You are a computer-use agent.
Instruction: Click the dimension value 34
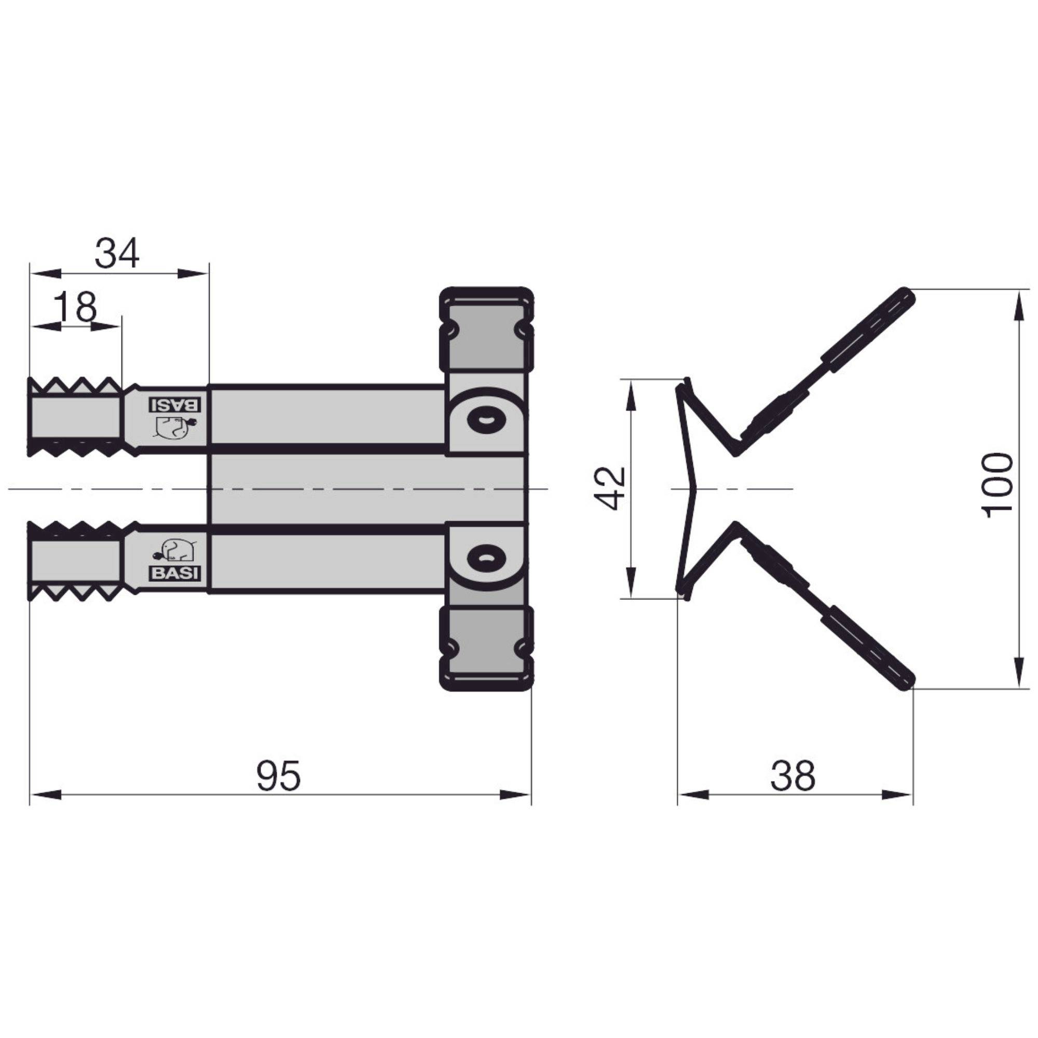pyautogui.click(x=117, y=254)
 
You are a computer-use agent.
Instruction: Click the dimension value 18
pyautogui.click(x=76, y=307)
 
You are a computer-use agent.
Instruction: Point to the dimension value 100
pyautogui.click(x=998, y=485)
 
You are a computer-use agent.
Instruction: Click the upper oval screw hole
pyautogui.click(x=486, y=419)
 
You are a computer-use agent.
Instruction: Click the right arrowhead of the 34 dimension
pyautogui.click(x=194, y=274)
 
